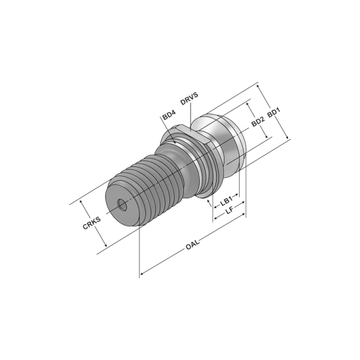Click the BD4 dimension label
click(167, 116)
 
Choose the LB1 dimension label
click(226, 202)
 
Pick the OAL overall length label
click(192, 245)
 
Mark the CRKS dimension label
click(91, 223)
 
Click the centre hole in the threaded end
click(122, 204)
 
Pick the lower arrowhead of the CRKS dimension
click(103, 245)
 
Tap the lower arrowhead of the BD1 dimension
click(288, 137)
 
